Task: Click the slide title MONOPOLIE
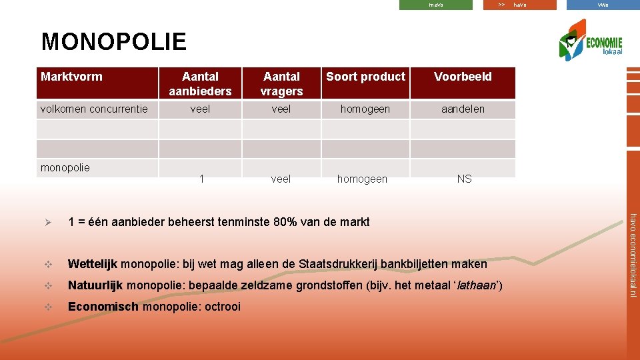113,41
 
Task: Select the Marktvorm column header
72,77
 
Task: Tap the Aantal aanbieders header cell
200,83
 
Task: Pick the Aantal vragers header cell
281,83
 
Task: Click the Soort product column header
365,77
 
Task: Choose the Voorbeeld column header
463,77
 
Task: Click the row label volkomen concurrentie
94,109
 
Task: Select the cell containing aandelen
463,109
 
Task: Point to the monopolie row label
65,167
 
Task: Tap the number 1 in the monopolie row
201,179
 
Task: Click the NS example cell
464,179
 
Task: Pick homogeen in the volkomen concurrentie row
365,109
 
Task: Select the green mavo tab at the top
435,5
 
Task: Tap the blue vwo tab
603,5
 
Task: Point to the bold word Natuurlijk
95,285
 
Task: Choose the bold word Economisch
103,307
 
